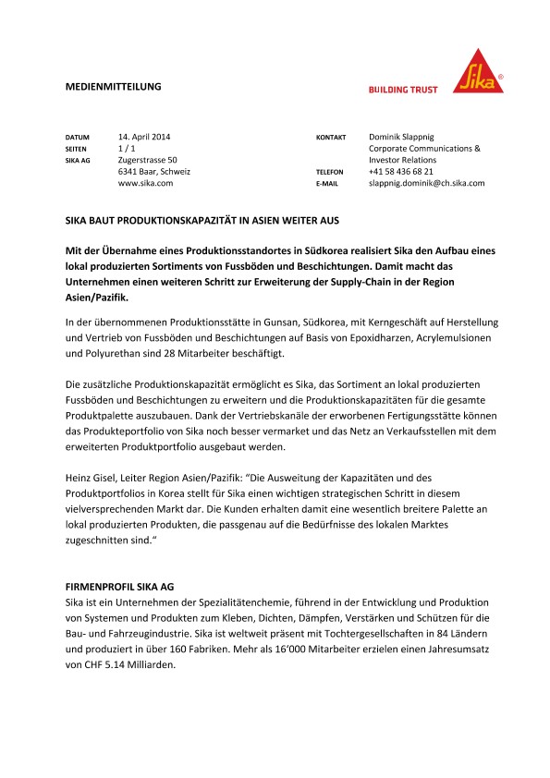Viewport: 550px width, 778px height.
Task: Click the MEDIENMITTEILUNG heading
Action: (x=114, y=86)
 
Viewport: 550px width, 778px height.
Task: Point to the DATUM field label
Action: (x=78, y=137)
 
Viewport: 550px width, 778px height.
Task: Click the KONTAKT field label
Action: (x=331, y=137)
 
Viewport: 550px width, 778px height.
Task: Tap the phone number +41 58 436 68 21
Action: (x=400, y=172)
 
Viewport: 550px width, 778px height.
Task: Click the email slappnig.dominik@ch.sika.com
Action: (x=426, y=184)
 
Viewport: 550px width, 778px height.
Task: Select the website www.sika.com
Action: (x=145, y=184)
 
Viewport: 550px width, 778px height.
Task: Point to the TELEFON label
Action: (x=330, y=173)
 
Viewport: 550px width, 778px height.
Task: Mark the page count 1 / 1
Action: (x=126, y=148)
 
